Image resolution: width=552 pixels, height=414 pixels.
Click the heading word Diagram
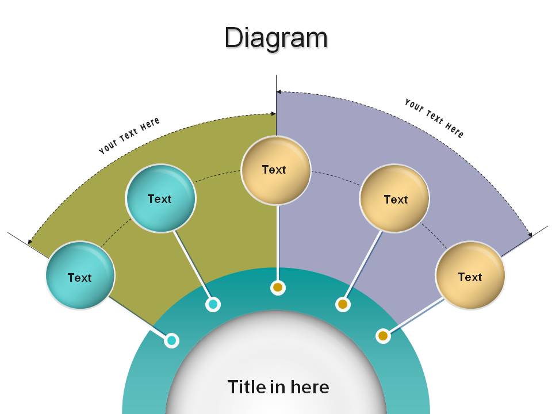(x=277, y=39)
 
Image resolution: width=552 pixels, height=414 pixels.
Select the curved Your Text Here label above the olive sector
(x=129, y=136)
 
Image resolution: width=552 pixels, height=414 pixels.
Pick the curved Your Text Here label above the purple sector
(x=434, y=118)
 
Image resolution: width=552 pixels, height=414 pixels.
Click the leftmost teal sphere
(x=80, y=275)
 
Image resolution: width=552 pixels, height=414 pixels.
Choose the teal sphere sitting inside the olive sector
(x=160, y=198)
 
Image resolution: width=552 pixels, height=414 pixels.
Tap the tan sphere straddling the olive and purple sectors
(x=275, y=171)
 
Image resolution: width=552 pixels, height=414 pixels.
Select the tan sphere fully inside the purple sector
(x=394, y=198)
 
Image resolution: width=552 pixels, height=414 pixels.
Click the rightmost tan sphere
(x=470, y=275)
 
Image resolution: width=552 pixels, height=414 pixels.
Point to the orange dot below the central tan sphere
(x=278, y=287)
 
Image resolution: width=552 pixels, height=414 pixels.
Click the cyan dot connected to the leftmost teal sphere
(x=171, y=340)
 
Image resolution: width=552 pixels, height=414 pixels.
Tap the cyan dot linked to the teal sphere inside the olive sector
(x=213, y=304)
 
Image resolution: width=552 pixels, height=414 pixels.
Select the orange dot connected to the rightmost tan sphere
(x=383, y=336)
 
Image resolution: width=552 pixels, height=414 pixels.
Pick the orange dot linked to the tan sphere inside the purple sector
(x=343, y=304)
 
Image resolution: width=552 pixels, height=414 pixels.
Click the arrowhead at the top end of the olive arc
(x=274, y=114)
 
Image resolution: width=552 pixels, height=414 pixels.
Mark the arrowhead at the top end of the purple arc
(x=279, y=92)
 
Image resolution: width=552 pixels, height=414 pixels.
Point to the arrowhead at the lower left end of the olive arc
(x=30, y=241)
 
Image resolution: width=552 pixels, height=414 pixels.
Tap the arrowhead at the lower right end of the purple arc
(x=530, y=235)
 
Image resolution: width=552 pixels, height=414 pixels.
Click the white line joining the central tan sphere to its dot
(x=278, y=243)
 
